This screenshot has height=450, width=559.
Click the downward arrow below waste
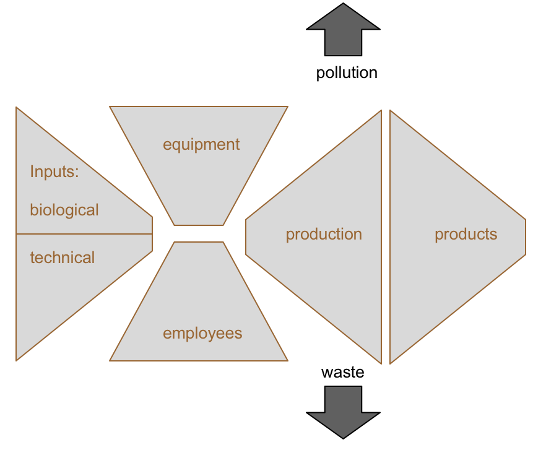343,411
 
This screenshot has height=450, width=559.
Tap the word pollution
347,73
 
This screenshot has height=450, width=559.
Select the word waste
342,372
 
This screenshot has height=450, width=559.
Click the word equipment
201,145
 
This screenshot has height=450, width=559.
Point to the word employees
202,334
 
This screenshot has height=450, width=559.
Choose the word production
324,235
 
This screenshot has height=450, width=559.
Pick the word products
466,235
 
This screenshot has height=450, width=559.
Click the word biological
64,210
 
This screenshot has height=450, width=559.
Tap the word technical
63,257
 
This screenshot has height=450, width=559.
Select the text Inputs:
54,171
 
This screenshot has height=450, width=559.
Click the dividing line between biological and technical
84,234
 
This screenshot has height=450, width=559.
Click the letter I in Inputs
32,171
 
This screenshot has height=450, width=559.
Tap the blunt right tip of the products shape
525,236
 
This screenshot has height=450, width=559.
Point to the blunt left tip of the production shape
246,236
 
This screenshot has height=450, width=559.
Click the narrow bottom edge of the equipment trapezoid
199,225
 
